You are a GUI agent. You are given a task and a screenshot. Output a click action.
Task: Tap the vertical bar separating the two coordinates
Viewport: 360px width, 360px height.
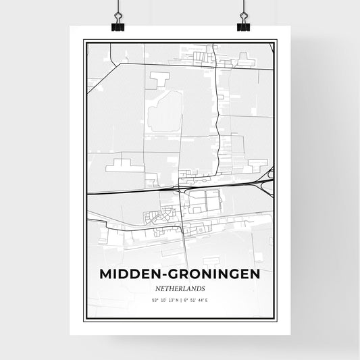180,300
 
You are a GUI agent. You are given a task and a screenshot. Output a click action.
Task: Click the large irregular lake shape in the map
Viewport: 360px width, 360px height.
165,111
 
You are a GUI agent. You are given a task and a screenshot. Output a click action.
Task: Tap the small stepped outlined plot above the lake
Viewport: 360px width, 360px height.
159,80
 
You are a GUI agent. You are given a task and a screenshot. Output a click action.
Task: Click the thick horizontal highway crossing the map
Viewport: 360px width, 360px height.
135,192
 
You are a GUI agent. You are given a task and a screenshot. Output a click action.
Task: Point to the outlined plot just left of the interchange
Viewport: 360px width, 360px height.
258,163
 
